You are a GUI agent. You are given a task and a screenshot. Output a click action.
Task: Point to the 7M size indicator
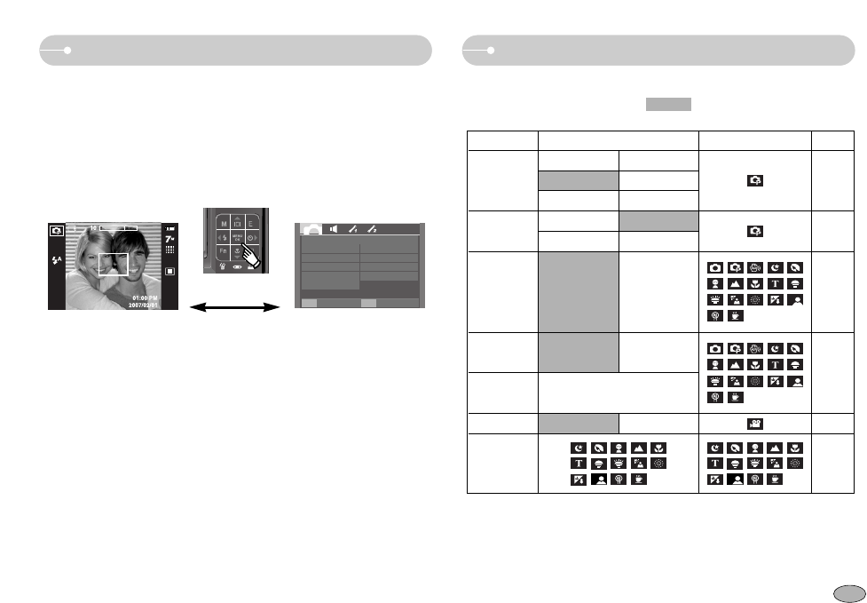click(170, 241)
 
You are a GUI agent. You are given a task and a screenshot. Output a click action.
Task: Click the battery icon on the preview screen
click(170, 229)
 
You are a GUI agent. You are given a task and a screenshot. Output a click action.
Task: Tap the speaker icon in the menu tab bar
click(335, 228)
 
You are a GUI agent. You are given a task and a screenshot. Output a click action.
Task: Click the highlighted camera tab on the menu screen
click(311, 228)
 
